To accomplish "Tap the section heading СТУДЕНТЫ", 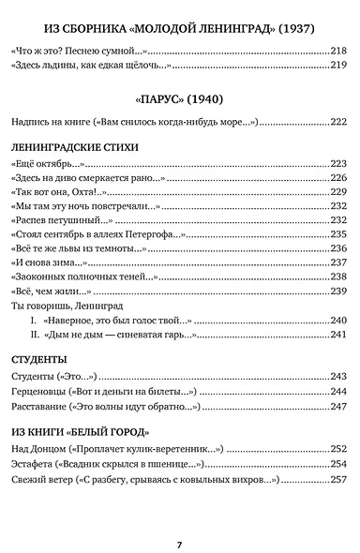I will (40, 359).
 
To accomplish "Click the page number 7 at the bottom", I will (179, 517).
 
